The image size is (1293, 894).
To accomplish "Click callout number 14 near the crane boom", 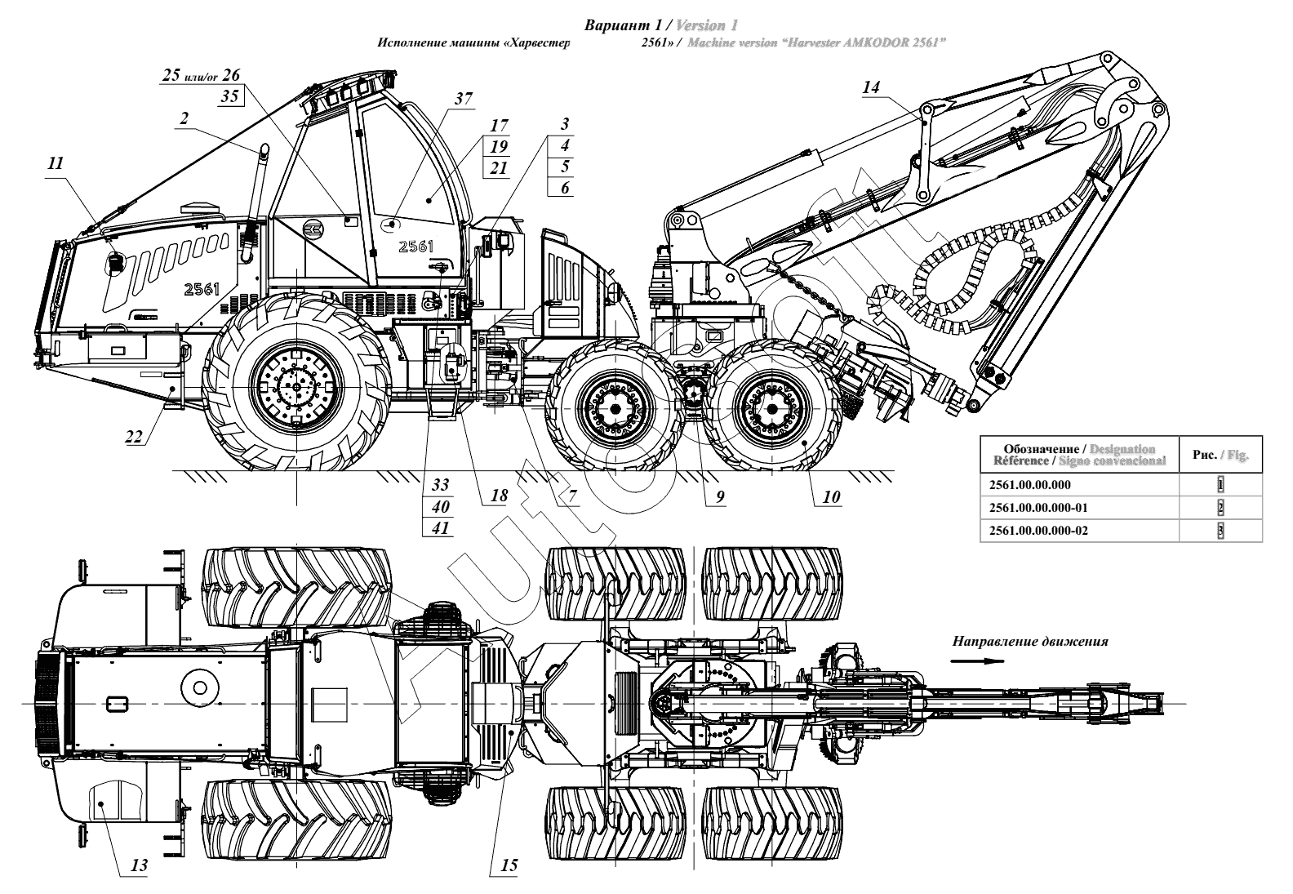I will (872, 87).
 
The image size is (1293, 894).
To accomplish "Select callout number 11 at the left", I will (55, 163).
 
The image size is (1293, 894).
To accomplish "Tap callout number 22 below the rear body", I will (134, 437).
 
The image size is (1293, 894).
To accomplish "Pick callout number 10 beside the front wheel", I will (832, 496).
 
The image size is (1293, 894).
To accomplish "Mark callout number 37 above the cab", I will (464, 99).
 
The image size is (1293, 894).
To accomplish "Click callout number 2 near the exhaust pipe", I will (184, 118).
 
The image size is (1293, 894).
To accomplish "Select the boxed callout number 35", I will (230, 96).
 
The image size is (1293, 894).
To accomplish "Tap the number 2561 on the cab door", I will (415, 246).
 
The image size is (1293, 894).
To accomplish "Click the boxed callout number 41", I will (441, 527).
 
